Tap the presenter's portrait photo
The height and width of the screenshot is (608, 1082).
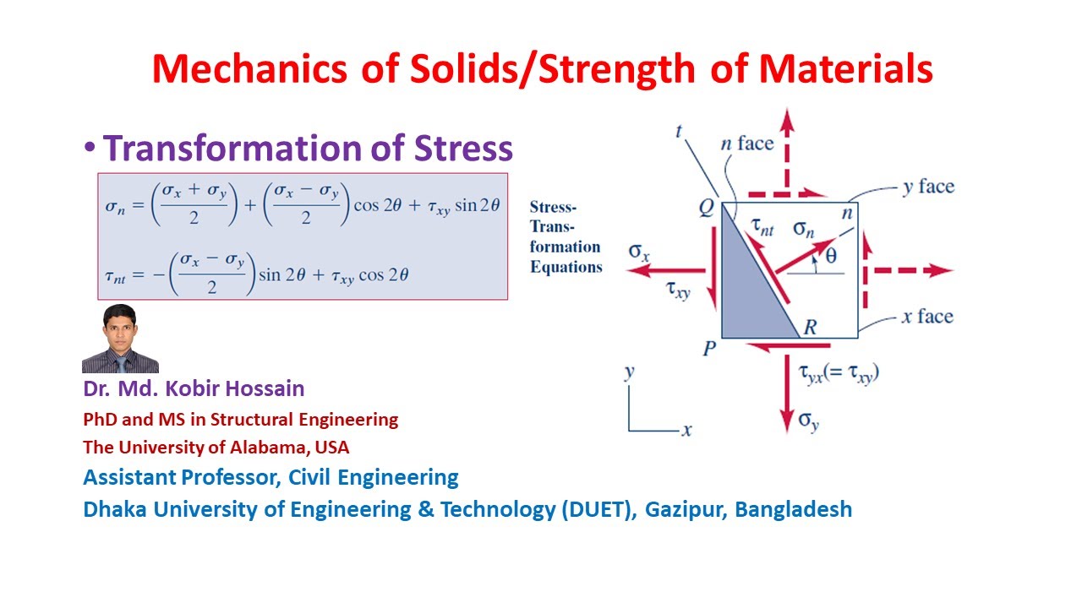coord(120,339)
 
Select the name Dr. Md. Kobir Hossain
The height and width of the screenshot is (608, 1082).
coord(194,389)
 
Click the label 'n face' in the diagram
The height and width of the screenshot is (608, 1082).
coord(746,144)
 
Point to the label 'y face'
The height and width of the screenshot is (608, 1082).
coord(927,187)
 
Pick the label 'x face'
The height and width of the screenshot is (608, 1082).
coord(926,317)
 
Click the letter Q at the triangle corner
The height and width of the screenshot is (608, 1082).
coord(707,208)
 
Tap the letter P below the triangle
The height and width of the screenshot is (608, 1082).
coord(710,348)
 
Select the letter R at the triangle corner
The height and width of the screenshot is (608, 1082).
coord(809,328)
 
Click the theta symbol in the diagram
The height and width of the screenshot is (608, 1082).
coord(831,256)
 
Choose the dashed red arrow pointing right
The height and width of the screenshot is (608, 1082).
coord(913,271)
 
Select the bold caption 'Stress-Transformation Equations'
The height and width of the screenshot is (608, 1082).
coord(565,236)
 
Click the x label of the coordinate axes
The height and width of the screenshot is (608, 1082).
coord(687,431)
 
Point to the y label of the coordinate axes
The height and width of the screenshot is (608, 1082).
coord(630,372)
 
